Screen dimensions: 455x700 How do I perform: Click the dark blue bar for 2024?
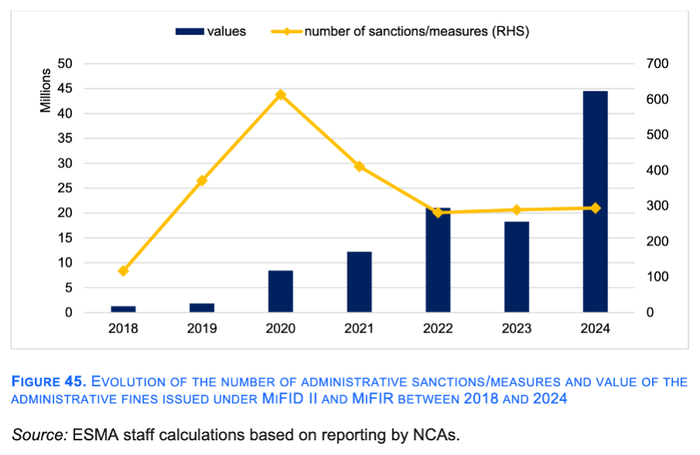[595, 202]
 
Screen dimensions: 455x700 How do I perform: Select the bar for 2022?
[437, 260]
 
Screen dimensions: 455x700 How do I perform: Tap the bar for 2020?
[280, 292]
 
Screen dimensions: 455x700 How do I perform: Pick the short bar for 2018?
[123, 310]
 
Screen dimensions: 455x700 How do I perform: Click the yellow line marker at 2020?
[280, 95]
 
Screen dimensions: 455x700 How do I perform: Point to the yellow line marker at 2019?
[202, 180]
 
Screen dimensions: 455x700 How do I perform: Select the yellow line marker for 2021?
[359, 166]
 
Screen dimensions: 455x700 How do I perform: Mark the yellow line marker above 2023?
[516, 210]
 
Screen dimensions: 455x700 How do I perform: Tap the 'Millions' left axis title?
[46, 91]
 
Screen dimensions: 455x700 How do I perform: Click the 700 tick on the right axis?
[657, 64]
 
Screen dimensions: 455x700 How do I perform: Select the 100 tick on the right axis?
[657, 277]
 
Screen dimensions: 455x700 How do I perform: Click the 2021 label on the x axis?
[359, 329]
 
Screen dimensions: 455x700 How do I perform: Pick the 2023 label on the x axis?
[516, 329]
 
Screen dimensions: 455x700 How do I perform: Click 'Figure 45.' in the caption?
[48, 382]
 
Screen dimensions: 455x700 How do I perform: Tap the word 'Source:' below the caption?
[39, 434]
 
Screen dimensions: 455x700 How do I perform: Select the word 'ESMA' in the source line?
[94, 434]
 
